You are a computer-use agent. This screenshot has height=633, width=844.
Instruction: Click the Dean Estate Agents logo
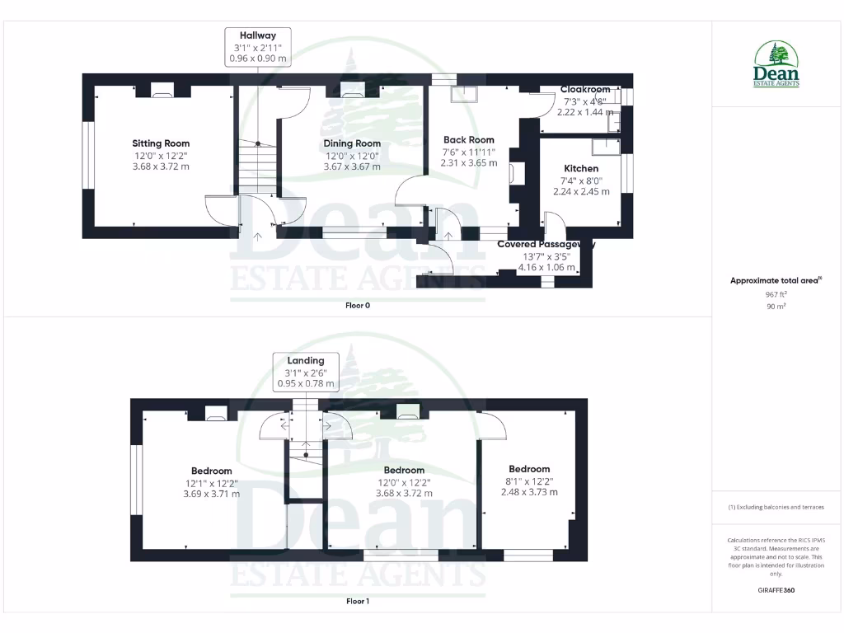point(776,65)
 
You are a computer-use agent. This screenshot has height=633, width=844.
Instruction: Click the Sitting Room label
point(161,143)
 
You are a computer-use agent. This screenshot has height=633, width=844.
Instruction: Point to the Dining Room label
point(352,143)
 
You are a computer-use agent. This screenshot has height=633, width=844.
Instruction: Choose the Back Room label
point(468,140)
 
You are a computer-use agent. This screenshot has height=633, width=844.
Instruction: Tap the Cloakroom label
point(585,90)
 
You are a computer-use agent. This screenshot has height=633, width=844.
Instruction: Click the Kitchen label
point(581,168)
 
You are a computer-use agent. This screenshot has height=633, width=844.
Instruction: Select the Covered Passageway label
point(546,245)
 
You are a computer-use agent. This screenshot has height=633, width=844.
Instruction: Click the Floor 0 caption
point(358,305)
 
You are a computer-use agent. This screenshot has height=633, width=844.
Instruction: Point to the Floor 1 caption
point(358,602)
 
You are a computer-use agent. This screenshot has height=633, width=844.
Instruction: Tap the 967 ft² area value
point(776,293)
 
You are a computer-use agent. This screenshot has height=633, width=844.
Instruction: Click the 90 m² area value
point(776,306)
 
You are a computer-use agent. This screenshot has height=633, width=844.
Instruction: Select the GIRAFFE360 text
point(776,590)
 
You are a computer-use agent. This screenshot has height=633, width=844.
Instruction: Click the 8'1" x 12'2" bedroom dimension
point(529,481)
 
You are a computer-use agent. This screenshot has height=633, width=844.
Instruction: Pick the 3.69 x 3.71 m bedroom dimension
point(212,494)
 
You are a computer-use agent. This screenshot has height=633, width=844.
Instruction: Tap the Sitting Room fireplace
point(162,91)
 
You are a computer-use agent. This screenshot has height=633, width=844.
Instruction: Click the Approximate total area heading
point(776,280)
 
